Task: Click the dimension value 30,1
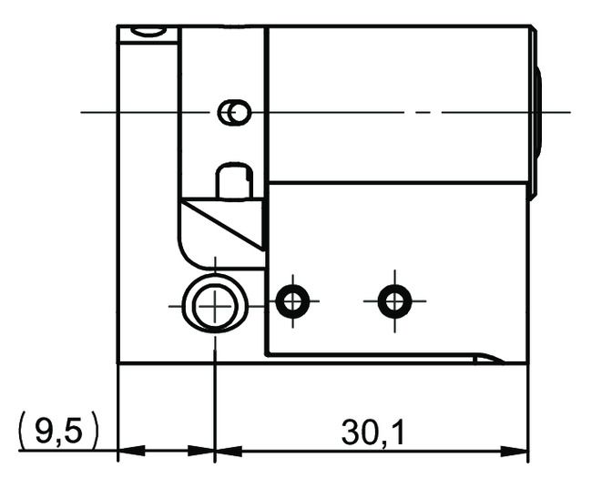[x=373, y=432]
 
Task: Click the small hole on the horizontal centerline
[x=235, y=112]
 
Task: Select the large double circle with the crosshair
[x=213, y=305]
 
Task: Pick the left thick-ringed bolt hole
[x=293, y=300]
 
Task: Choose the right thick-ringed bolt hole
[x=394, y=300]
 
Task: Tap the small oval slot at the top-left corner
[x=148, y=33]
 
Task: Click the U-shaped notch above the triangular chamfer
[x=234, y=181]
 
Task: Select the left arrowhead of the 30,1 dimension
[x=226, y=451]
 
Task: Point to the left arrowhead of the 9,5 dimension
[x=130, y=451]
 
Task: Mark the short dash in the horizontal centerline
[x=420, y=112]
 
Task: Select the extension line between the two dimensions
[x=214, y=401]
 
